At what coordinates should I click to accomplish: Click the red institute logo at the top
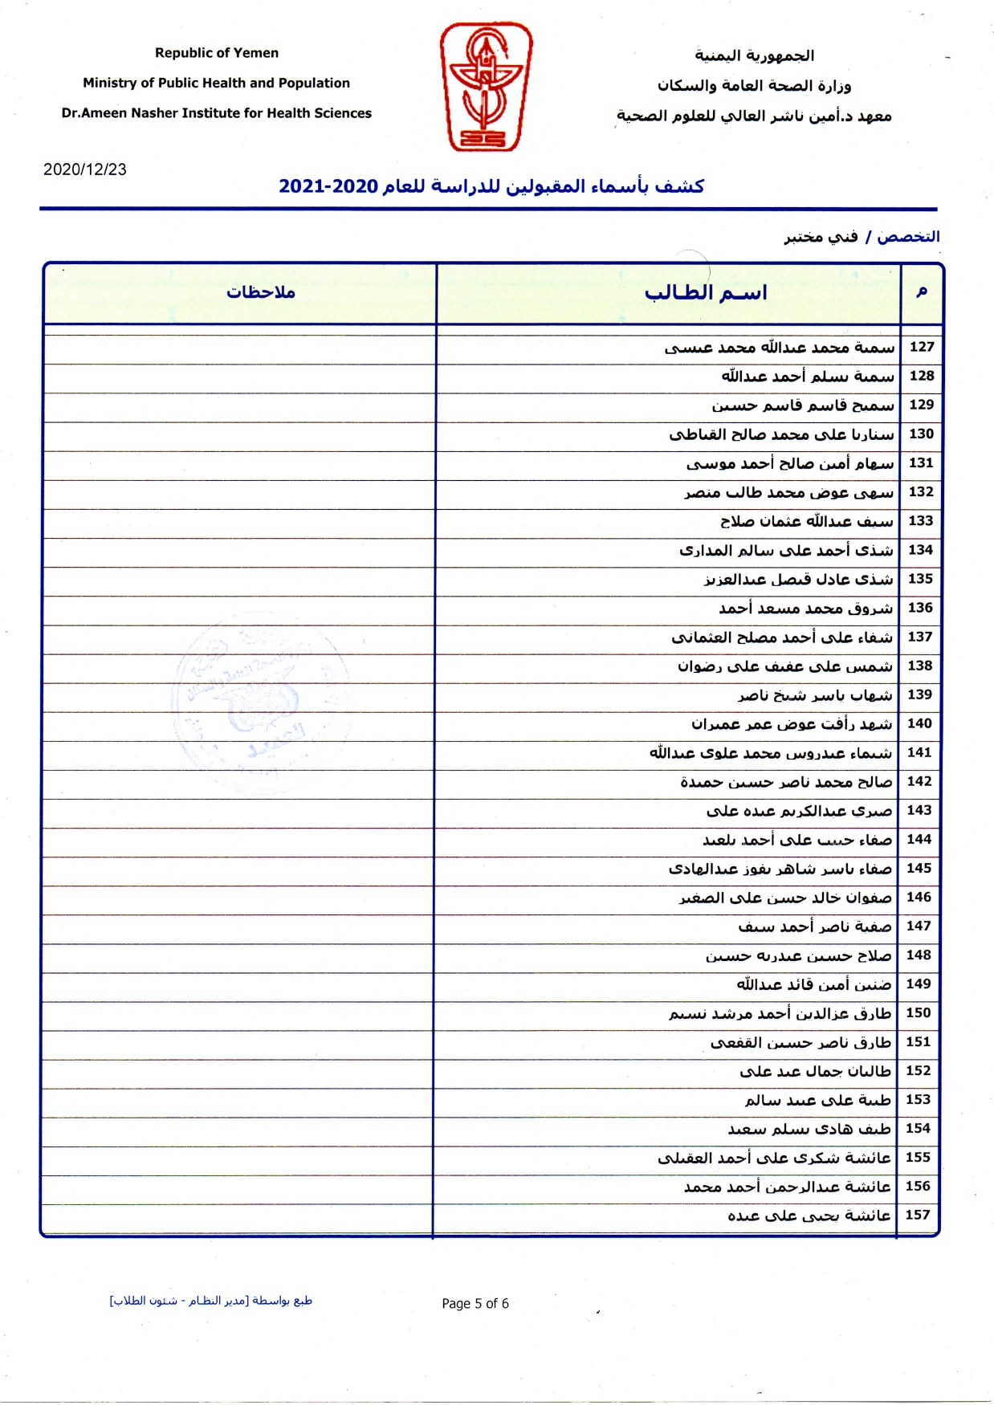point(486,87)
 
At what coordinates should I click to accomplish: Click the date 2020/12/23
point(85,169)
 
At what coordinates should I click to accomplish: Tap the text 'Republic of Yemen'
point(217,53)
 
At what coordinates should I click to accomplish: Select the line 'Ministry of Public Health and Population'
point(216,83)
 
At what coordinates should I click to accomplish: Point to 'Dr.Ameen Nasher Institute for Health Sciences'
point(216,113)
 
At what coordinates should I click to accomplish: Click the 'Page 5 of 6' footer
point(475,1303)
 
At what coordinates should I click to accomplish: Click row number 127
point(922,347)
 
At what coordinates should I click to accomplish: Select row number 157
point(918,1215)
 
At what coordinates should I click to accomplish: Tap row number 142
point(919,781)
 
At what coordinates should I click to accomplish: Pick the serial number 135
point(920,579)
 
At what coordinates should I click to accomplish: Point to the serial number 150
point(919,1012)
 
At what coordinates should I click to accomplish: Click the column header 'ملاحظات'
point(260,292)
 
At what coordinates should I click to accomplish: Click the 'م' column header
point(922,291)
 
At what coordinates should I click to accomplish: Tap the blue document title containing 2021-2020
point(491,186)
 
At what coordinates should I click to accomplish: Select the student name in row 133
point(806,521)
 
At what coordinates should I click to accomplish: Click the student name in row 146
point(785,898)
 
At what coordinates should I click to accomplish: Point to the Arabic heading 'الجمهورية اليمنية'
point(754,55)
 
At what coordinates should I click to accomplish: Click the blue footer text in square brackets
point(211,1301)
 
